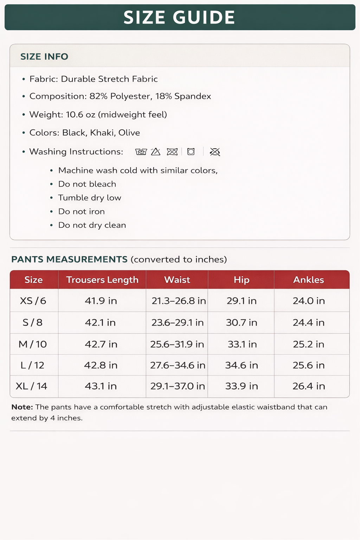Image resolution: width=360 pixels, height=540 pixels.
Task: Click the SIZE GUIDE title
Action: (179, 18)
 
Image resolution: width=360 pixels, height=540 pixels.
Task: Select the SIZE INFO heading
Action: (44, 57)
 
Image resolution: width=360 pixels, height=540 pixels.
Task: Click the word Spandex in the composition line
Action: (193, 96)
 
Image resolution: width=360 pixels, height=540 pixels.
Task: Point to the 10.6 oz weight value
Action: (81, 115)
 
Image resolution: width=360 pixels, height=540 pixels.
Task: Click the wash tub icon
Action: (141, 152)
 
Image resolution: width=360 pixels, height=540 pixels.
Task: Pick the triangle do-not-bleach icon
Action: (155, 152)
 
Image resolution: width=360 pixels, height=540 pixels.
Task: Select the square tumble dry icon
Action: (191, 152)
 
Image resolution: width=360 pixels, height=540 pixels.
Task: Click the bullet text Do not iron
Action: (82, 212)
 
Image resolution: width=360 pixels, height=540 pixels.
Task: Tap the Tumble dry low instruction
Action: (90, 198)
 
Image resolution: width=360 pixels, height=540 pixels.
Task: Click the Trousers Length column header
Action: (102, 280)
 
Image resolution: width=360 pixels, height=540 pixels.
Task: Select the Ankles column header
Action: (309, 280)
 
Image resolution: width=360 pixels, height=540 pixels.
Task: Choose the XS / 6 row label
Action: (33, 301)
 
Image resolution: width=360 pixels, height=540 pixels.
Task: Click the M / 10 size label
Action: (33, 344)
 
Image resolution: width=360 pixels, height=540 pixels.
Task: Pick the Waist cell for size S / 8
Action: (178, 323)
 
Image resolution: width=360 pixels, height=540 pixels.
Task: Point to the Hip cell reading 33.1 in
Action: (242, 344)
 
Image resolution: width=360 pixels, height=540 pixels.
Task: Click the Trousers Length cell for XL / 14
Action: (101, 386)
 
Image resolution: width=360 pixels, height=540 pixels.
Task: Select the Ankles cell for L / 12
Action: (309, 365)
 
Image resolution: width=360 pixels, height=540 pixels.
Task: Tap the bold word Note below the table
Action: (22, 407)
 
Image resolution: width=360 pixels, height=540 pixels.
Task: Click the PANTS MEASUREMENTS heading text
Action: (69, 259)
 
